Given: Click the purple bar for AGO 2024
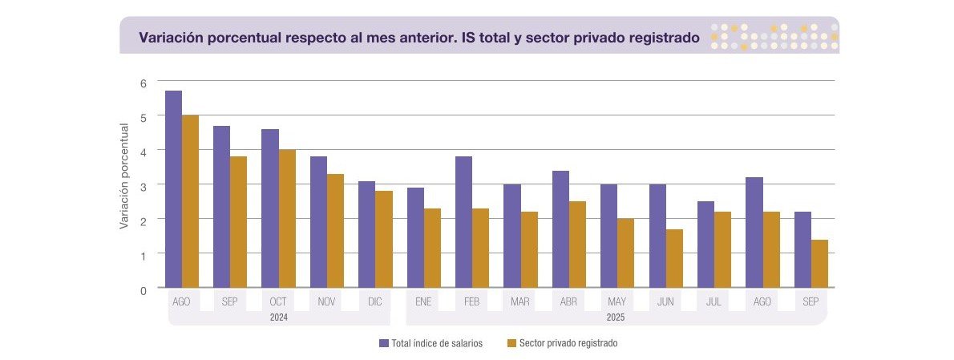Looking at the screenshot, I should pos(173,189).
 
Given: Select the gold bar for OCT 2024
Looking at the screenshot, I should pos(287,218).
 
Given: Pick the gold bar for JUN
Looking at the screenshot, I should pos(674,257).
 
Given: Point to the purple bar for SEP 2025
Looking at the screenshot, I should pos(802,249).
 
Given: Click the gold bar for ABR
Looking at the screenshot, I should pos(577,244).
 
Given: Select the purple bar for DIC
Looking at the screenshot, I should pos(366,234).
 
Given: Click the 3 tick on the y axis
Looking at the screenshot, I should pos(144,185).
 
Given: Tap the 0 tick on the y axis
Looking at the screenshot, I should pos(144,289).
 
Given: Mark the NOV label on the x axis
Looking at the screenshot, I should pos(326,301).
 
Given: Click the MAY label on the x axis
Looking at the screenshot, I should pos(617,301).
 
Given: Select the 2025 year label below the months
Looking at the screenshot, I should pos(615,318).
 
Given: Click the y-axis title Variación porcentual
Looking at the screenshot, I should pos(124,175).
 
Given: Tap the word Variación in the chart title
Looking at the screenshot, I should pos(169,37).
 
